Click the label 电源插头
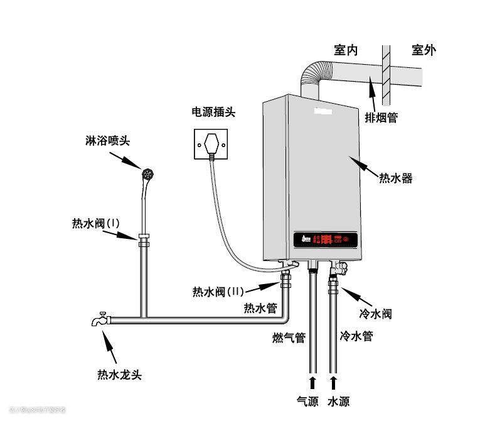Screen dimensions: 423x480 213,113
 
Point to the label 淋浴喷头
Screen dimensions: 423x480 107,141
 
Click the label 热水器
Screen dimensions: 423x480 395,178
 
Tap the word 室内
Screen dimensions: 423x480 346,50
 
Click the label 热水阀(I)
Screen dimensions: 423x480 95,223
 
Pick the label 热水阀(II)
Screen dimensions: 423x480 218,292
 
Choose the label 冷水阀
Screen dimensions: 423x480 375,313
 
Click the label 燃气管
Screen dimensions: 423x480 289,338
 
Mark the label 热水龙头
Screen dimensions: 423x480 119,375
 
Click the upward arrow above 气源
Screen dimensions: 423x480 312,382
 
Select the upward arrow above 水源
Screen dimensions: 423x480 334,382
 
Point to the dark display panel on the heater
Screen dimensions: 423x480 326,239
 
